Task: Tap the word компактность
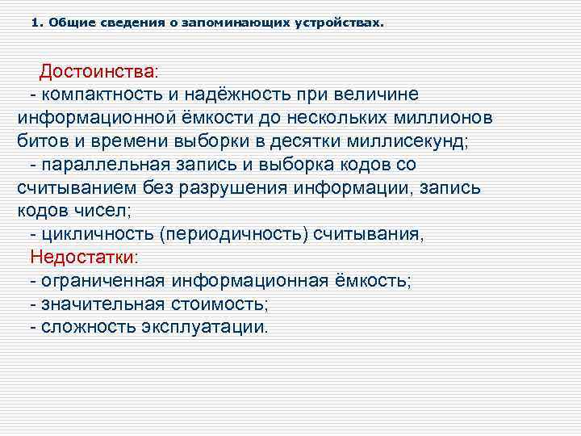pyautogui.click(x=100, y=94)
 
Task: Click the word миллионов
pyautogui.click(x=437, y=118)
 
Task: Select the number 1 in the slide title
pyautogui.click(x=35, y=23)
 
